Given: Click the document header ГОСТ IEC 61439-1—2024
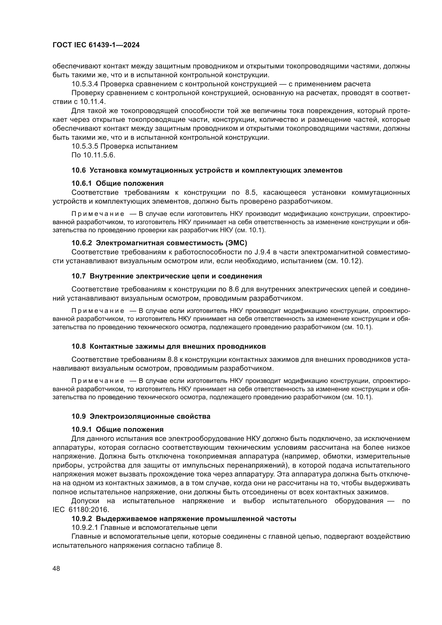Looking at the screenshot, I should coord(96,45).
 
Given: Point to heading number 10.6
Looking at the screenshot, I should coord(78,170).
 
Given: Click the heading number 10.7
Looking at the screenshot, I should coord(78,276).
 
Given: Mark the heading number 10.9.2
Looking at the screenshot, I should coord(82,519).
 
